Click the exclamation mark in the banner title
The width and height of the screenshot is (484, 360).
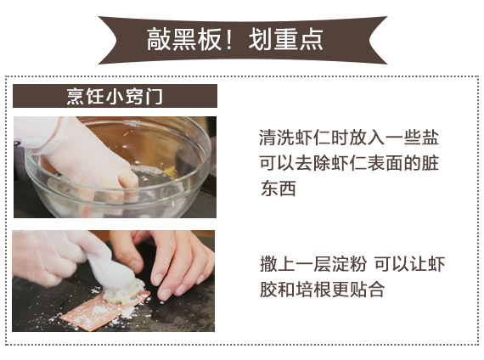click(228, 40)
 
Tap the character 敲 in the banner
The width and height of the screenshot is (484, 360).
click(158, 40)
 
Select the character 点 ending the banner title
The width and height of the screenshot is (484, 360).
click(312, 40)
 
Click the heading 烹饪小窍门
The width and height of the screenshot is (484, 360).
click(115, 96)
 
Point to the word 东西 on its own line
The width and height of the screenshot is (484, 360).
click(279, 188)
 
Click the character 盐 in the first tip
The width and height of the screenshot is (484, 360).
click(430, 138)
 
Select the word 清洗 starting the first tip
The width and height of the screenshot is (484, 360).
click(277, 138)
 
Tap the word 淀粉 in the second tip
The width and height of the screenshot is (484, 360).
click(349, 264)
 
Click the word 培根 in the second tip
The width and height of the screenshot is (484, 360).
click(313, 290)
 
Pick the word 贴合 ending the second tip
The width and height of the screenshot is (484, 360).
click(367, 290)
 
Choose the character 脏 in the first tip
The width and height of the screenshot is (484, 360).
click(430, 163)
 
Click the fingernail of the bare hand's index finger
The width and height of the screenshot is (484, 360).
click(167, 294)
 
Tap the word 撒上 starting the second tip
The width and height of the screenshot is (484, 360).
click(278, 264)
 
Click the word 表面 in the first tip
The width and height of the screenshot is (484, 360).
click(386, 163)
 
